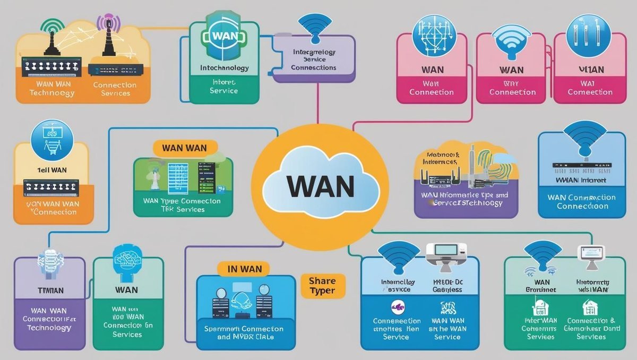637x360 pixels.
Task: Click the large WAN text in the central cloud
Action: tap(320, 186)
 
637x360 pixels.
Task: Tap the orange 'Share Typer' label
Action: tap(322, 286)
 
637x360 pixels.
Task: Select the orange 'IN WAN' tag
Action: tap(245, 269)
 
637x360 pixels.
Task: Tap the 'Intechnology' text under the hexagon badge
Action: tap(224, 68)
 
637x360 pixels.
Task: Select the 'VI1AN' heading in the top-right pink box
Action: tap(589, 70)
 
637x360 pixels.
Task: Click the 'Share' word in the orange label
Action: tap(322, 280)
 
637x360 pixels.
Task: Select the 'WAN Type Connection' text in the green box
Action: tap(182, 202)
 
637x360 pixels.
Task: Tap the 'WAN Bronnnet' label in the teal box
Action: tap(542, 286)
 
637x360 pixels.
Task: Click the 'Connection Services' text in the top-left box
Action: tap(115, 89)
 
